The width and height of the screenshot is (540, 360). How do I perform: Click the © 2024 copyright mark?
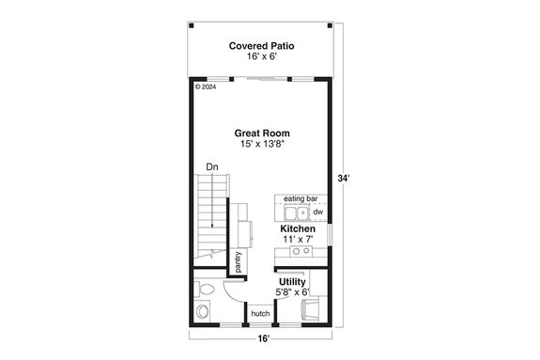coord(205,87)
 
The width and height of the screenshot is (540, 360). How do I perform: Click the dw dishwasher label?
coord(317,212)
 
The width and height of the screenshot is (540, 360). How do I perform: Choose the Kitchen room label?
coord(298,229)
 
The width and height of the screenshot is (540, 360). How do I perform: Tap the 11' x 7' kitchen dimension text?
coord(298,241)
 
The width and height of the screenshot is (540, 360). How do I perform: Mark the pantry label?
coord(239,260)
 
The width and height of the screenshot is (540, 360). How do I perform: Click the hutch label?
coord(260,314)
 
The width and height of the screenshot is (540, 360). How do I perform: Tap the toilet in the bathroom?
coord(202,309)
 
